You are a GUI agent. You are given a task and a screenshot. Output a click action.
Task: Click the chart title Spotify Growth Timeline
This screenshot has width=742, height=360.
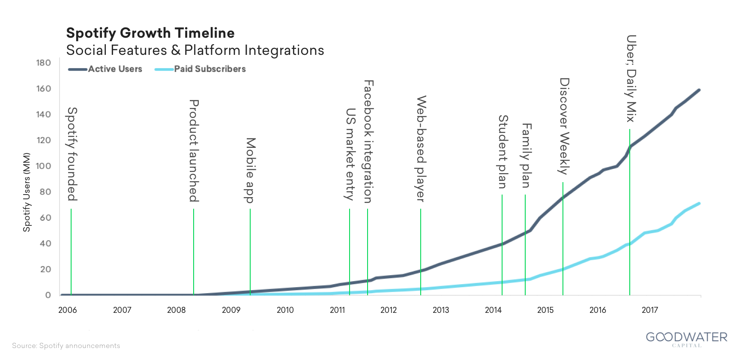click(x=150, y=33)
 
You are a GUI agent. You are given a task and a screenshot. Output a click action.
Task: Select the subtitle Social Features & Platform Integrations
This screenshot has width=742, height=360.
click(x=195, y=50)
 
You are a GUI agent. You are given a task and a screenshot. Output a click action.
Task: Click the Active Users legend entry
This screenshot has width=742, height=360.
click(x=115, y=69)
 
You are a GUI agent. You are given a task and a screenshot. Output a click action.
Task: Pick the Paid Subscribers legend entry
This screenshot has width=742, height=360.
click(x=209, y=69)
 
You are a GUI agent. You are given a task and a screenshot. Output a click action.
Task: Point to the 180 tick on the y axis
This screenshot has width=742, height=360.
click(x=43, y=63)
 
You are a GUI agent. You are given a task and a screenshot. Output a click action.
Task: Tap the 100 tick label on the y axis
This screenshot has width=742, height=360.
click(x=43, y=166)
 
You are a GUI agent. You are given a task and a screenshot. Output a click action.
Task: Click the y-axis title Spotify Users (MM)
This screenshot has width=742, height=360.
click(x=27, y=192)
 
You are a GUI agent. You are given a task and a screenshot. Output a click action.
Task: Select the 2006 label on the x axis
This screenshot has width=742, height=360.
click(x=67, y=310)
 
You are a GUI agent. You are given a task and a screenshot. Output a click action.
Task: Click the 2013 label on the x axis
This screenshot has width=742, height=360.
click(x=441, y=310)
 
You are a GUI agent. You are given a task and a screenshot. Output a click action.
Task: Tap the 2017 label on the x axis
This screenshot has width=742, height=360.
click(x=650, y=310)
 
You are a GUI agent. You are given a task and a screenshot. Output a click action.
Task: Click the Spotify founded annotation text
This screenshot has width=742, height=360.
click(x=72, y=154)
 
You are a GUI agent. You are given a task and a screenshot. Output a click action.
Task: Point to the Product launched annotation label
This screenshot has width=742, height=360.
click(x=194, y=150)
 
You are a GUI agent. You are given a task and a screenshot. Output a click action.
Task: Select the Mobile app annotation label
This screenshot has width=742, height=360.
click(x=250, y=170)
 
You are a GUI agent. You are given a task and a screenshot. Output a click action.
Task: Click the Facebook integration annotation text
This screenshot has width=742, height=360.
click(x=368, y=141)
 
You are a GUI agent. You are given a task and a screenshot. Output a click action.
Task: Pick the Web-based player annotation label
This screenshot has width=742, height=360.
click(x=421, y=148)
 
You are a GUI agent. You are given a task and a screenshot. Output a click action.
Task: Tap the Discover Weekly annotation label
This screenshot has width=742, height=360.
click(x=564, y=126)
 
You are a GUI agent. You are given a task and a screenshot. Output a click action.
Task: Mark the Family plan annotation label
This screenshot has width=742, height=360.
click(x=526, y=155)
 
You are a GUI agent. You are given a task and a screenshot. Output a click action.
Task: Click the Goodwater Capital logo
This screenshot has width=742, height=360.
click(x=686, y=339)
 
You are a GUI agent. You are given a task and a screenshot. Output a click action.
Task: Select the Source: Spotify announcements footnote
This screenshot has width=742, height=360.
click(x=66, y=346)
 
